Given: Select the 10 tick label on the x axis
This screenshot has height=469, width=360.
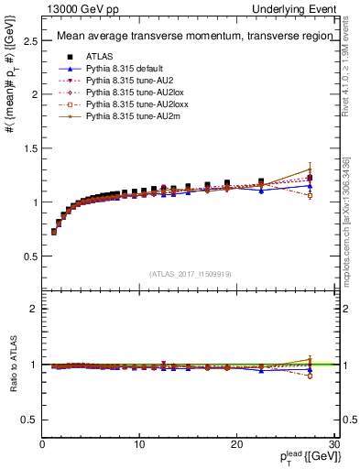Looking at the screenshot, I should [x=138, y=444].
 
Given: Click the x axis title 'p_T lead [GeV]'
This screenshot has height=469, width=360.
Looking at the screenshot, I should [x=293, y=457].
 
